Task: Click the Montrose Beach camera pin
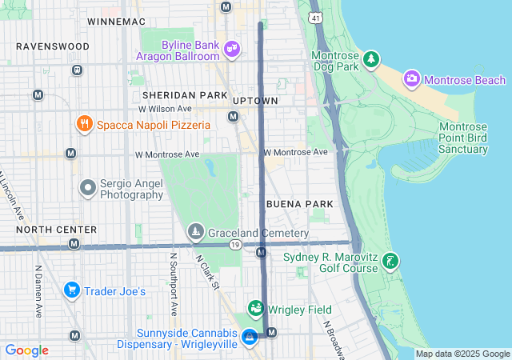click(x=412, y=78)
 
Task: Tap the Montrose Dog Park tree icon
click(x=370, y=58)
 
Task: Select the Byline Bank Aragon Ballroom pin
click(x=232, y=50)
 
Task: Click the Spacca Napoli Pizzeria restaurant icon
click(x=84, y=124)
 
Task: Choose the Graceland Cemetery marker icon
click(x=195, y=232)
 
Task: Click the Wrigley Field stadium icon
click(x=255, y=309)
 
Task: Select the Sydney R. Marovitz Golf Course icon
click(x=390, y=262)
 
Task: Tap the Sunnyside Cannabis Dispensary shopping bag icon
click(x=250, y=337)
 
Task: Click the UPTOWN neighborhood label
click(x=255, y=101)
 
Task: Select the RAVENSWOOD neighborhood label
click(x=53, y=46)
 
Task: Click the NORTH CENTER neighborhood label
click(x=57, y=230)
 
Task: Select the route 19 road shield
click(x=234, y=245)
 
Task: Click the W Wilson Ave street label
click(x=165, y=109)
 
